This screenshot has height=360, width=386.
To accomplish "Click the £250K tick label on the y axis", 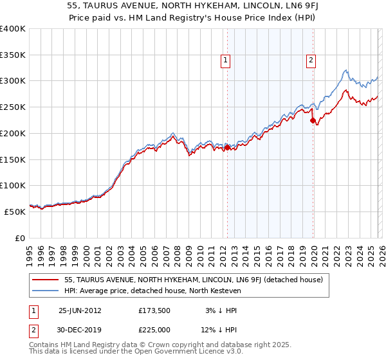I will tap(13, 107).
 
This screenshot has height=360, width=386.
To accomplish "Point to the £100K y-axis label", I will tap(13, 185).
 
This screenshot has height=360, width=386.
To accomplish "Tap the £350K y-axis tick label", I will tap(13, 55).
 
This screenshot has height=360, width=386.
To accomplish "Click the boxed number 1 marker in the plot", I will tap(226, 60).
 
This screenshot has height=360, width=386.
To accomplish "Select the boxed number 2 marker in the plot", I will tap(311, 60).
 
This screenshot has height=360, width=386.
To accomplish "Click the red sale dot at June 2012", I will tap(227, 147).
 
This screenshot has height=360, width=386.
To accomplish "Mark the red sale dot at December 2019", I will tap(313, 120).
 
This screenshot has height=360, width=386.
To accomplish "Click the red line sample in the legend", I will tap(47, 280).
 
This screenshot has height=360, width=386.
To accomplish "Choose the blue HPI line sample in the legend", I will tap(47, 290).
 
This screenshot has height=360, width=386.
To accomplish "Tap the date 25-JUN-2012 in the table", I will tap(80, 310).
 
